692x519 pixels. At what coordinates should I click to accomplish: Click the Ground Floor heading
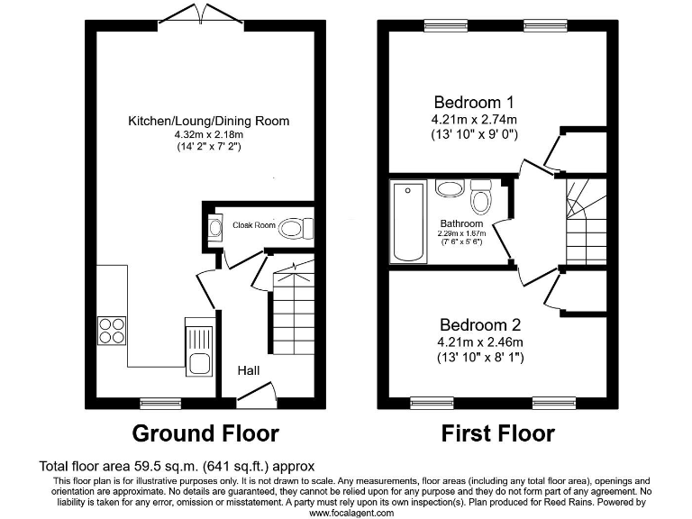205,433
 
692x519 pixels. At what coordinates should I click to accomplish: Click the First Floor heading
497,433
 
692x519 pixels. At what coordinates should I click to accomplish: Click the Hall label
250,370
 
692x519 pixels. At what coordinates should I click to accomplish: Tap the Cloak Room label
253,225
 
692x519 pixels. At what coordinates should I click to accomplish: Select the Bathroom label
461,223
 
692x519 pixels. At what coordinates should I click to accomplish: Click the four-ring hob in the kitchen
111,331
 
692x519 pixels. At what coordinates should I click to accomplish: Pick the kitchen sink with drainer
198,346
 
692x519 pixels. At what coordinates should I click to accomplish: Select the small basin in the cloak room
214,228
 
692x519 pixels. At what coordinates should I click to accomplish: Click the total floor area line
177,467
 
